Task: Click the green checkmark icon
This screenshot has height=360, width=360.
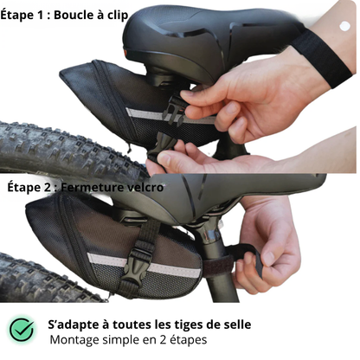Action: click(x=22, y=330)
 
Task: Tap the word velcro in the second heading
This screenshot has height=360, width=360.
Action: click(x=143, y=187)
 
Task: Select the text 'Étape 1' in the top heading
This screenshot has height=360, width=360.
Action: click(x=24, y=15)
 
